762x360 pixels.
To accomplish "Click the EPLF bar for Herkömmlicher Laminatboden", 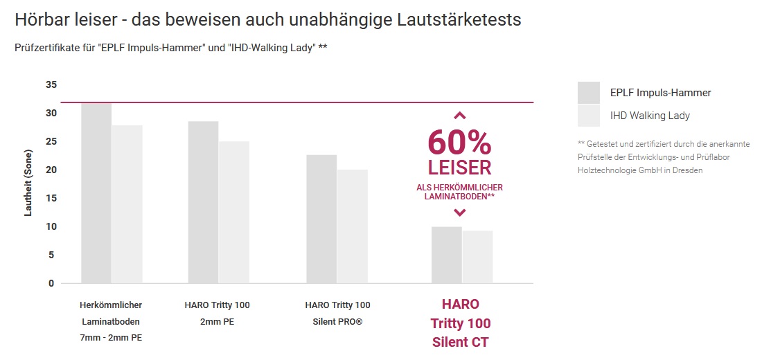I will [x=96, y=193].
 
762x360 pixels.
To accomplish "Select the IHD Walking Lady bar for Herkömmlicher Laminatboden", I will [x=127, y=204].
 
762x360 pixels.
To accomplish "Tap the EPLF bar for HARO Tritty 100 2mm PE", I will [x=203, y=202].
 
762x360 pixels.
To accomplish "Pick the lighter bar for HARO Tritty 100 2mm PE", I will [x=234, y=212].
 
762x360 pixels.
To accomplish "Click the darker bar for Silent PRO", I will [x=321, y=219].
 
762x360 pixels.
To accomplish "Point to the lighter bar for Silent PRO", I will [x=353, y=226].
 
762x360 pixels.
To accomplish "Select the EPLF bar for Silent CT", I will [x=446, y=255].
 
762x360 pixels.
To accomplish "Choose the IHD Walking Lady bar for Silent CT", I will [x=477, y=257].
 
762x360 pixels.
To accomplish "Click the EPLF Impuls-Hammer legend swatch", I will [x=588, y=93].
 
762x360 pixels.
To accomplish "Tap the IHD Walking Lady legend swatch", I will [x=588, y=116].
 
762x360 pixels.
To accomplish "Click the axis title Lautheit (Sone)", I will [x=28, y=183].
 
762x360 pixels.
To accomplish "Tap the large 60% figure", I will [x=459, y=143].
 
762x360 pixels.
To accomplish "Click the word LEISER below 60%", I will [x=459, y=168].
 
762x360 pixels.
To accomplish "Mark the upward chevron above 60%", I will [x=459, y=116].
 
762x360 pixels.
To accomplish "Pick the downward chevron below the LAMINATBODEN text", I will [x=459, y=212].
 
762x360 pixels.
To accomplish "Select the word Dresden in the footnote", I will [x=687, y=170].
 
